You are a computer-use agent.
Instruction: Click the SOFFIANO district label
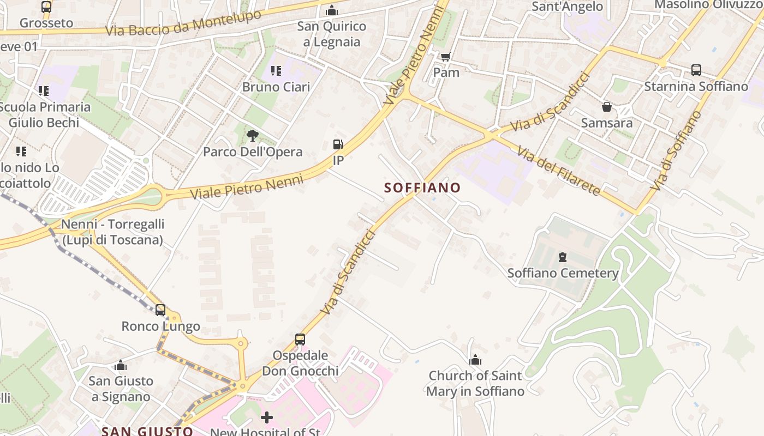pos(422,188)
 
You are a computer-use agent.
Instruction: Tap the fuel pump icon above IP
pos(338,144)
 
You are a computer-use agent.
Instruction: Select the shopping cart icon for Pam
pos(446,57)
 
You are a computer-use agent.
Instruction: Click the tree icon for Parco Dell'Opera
pos(252,135)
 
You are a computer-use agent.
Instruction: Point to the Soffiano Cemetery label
pos(563,273)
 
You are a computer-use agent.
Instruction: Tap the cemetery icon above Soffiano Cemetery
pos(563,257)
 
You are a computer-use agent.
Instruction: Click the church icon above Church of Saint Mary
pos(475,360)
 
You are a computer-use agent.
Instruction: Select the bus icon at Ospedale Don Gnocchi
pos(300,340)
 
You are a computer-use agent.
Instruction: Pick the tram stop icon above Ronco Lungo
pos(160,310)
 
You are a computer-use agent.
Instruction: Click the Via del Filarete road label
pos(559,171)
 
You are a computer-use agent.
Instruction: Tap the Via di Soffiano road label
pos(676,150)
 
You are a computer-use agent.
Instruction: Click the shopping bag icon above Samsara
pos(606,107)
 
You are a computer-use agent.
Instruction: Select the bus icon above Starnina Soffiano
pos(696,70)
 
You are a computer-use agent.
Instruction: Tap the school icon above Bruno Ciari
pos(276,71)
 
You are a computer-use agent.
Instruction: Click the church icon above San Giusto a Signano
pos(121,365)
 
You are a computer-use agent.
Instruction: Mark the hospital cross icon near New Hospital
pos(267,418)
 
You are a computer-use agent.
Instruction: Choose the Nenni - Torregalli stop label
pos(112,232)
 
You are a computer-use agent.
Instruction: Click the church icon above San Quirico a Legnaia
pos(332,10)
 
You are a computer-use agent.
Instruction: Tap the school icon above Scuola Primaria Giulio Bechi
pos(44,91)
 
